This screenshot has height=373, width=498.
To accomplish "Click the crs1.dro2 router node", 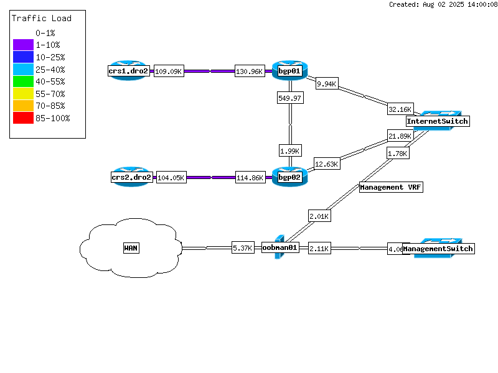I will (x=129, y=71).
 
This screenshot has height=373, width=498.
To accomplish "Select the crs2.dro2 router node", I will (x=131, y=177).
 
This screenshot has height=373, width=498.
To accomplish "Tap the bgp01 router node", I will (x=289, y=71).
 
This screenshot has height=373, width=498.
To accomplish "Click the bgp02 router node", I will (x=289, y=177).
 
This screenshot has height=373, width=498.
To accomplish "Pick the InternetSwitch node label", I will (x=437, y=121).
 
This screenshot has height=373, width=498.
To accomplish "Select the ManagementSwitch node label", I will (x=438, y=249).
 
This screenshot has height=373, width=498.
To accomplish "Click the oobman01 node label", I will (x=280, y=247).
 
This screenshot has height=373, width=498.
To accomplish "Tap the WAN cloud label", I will (x=131, y=248).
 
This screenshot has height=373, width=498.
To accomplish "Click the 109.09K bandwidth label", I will (x=169, y=71).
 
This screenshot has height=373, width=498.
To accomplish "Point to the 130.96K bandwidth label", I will (x=250, y=71).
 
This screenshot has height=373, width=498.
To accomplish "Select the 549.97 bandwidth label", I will (x=290, y=98).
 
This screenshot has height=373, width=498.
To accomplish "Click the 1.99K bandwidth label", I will (x=290, y=150).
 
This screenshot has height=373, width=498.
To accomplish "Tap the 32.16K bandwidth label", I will (x=400, y=109).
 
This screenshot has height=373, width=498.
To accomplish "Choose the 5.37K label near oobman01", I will (x=243, y=247).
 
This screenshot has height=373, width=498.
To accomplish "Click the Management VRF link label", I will (x=391, y=187).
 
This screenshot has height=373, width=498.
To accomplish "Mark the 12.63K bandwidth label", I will (x=326, y=164).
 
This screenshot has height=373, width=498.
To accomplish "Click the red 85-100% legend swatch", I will (x=23, y=118).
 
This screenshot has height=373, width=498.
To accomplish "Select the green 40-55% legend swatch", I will (x=23, y=81).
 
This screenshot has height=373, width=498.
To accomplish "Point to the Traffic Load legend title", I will (x=42, y=18).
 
